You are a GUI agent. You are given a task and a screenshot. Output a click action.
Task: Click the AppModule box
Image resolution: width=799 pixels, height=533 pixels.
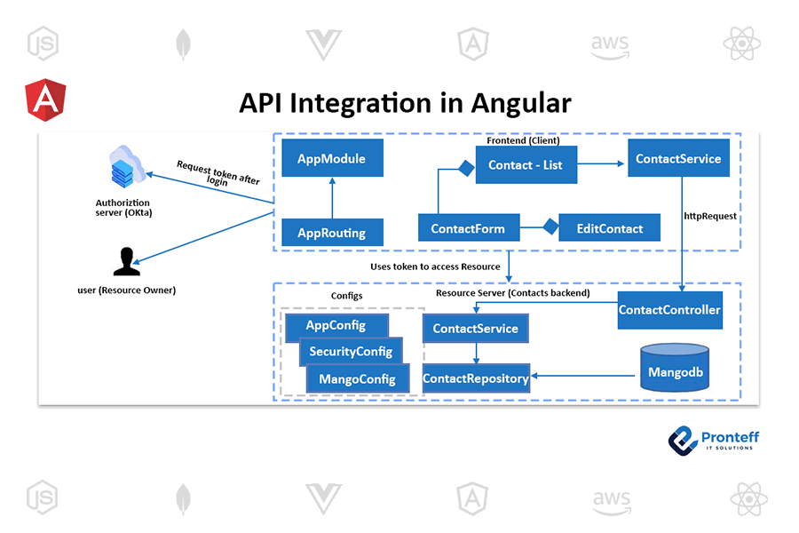(332, 158)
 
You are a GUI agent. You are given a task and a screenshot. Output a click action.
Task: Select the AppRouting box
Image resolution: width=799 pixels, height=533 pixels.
(332, 233)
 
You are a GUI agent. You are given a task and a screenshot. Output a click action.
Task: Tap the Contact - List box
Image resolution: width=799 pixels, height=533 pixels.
(526, 164)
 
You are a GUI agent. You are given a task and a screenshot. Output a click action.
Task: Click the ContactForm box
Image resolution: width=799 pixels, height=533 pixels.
(468, 228)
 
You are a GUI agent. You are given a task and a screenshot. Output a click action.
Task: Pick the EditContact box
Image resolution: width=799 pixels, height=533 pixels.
(609, 228)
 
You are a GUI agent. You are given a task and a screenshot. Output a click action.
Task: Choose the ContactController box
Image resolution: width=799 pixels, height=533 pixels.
(669, 310)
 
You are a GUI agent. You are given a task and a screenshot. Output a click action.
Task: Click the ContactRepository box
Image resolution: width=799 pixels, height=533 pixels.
(476, 378)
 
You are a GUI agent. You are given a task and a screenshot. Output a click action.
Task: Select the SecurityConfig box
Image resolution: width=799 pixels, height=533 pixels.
(351, 352)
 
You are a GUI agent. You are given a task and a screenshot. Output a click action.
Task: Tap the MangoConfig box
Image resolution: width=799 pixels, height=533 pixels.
(357, 379)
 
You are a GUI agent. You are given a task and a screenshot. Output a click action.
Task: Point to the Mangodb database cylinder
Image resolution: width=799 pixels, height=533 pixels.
(675, 368)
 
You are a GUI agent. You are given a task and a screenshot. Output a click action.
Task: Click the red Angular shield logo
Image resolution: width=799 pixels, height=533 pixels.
(45, 99)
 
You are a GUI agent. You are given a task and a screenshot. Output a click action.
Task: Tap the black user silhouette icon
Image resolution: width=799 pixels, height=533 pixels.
(126, 262)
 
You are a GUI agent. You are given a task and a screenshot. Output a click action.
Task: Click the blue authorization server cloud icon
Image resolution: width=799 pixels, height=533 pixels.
(125, 166)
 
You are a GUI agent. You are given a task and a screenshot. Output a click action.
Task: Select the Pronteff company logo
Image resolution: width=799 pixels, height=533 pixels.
(714, 441)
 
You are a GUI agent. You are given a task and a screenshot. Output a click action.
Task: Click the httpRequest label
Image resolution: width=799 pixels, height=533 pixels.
(710, 216)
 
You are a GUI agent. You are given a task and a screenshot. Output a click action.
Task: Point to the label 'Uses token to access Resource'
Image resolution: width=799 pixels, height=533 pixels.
(435, 266)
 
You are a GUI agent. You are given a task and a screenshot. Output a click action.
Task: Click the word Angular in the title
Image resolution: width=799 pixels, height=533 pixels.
(521, 104)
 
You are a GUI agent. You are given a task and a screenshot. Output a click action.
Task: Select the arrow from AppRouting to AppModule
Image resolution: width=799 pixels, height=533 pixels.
(332, 198)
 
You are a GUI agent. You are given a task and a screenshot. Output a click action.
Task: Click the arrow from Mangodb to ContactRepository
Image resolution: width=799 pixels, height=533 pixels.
(583, 376)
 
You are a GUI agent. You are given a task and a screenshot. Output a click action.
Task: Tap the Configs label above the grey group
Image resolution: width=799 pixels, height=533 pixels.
(346, 296)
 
